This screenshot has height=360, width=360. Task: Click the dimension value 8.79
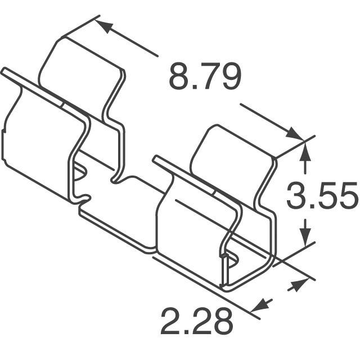coord(205,77)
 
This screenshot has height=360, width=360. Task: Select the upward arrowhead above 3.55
coord(305,151)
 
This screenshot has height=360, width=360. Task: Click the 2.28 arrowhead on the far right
coord(294,286)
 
